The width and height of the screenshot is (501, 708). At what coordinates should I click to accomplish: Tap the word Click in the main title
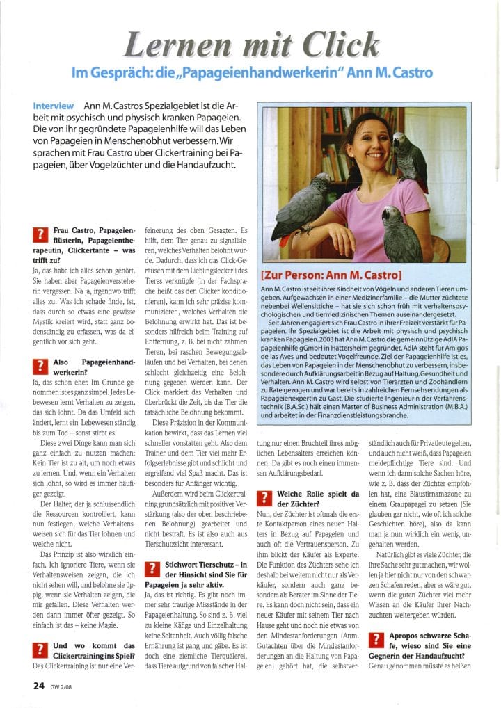tap(337, 45)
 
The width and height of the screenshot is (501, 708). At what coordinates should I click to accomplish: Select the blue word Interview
tap(53, 106)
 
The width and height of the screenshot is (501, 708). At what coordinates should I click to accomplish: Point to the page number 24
tap(39, 684)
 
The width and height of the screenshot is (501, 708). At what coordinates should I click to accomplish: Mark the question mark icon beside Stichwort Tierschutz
tap(153, 569)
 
